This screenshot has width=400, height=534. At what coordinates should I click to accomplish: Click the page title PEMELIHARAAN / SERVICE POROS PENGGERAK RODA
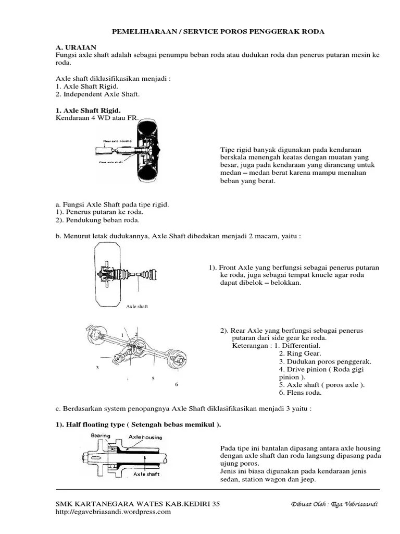(218, 32)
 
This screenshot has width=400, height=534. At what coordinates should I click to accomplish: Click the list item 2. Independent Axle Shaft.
(97, 94)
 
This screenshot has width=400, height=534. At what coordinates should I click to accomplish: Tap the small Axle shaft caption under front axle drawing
(137, 306)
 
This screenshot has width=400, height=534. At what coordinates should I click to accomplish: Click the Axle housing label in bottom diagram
(145, 438)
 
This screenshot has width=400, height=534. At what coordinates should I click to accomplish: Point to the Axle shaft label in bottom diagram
(146, 474)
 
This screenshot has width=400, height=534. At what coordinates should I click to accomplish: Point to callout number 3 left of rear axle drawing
(97, 368)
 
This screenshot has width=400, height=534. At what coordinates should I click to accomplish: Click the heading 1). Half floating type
(138, 424)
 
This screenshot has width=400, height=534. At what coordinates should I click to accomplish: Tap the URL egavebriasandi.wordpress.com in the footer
(113, 512)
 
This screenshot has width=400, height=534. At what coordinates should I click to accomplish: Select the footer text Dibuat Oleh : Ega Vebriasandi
(334, 504)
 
